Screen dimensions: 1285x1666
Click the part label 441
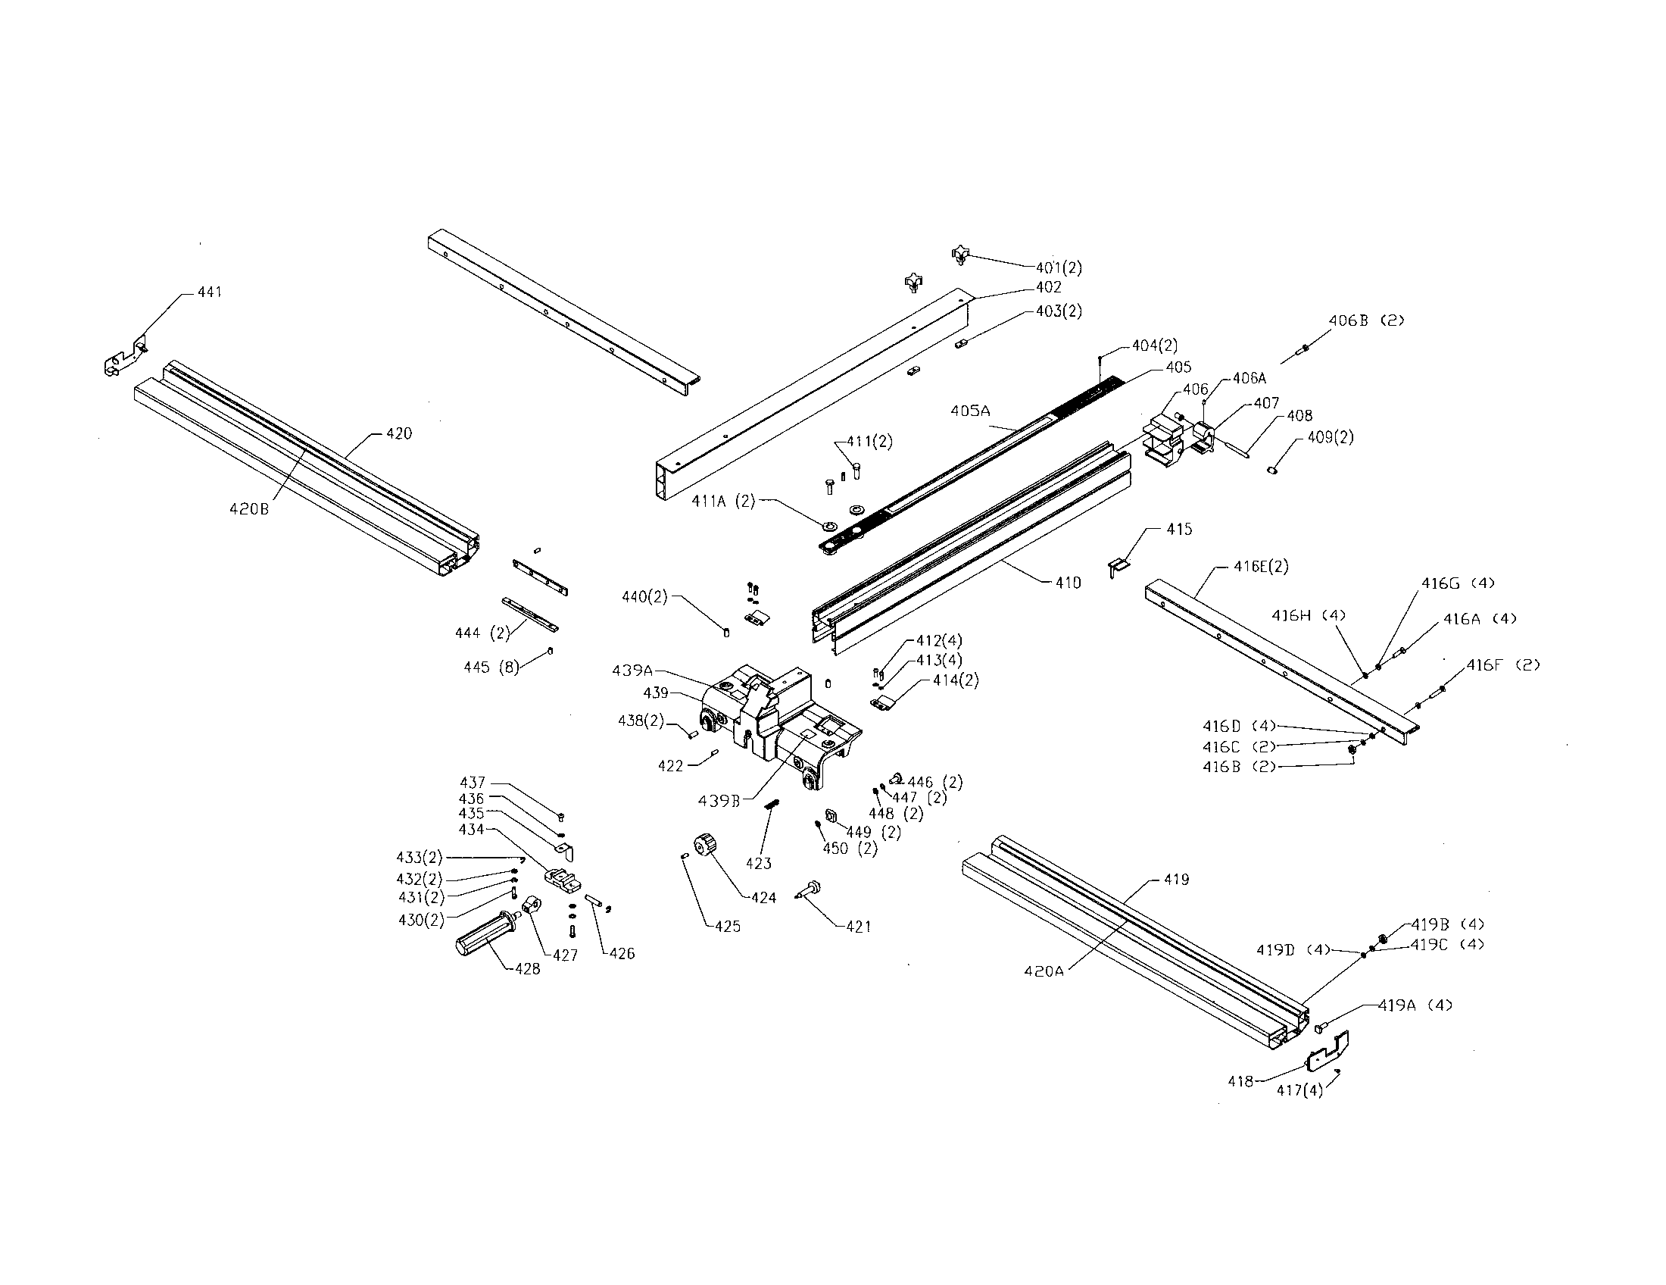coord(210,292)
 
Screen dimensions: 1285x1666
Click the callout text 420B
coord(248,509)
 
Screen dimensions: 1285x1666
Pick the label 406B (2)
coord(1365,320)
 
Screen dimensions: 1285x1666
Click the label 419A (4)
coord(1415,1005)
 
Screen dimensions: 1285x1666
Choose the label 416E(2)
coord(1261,566)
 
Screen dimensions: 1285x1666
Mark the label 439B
coord(719,800)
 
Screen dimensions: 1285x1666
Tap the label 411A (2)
coord(723,501)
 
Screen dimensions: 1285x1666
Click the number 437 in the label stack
coord(473,782)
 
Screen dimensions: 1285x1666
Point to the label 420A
coord(1043,971)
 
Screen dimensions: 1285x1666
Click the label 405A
coord(970,411)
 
